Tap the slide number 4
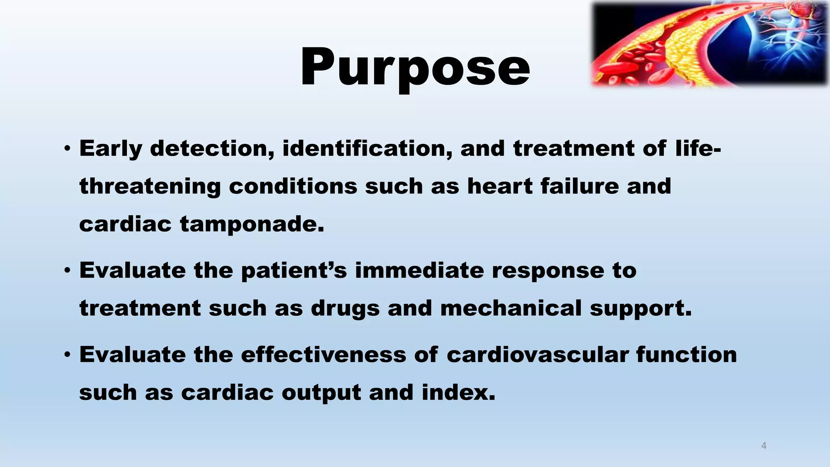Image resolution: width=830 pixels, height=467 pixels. (x=764, y=446)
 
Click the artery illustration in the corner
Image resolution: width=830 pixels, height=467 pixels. (x=709, y=44)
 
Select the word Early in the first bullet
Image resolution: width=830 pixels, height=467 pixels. (x=111, y=149)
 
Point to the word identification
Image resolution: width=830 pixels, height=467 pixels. (x=367, y=148)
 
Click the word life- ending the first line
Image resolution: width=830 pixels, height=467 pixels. (x=698, y=148)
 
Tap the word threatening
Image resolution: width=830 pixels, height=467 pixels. (x=150, y=187)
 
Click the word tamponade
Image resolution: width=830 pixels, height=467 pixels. (x=252, y=224)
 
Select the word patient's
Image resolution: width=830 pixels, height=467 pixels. (x=294, y=271)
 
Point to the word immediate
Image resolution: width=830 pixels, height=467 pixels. (x=419, y=270)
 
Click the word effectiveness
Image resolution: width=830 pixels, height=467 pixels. (x=323, y=355)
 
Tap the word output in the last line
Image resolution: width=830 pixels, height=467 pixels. (x=321, y=393)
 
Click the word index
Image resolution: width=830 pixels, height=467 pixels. (x=458, y=392)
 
